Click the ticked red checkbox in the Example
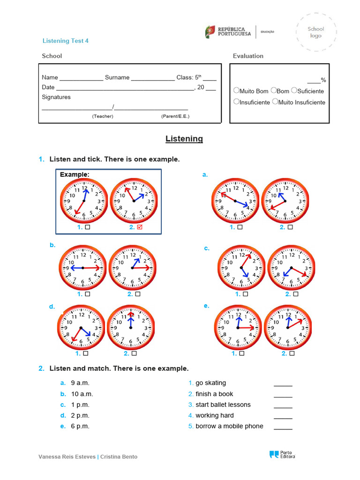pos(139,227)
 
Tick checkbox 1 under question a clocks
pos(240,227)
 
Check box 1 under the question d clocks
pos(86,354)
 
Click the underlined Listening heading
pos(184,139)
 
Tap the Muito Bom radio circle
pos(236,90)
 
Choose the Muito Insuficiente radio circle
pos(275,101)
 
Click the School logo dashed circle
pos(315,32)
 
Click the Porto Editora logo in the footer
pos(282,454)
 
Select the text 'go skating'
pos(210,383)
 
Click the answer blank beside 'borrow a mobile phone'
pos(283,427)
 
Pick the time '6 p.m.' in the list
pos(80,426)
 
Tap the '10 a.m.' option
pos(82,394)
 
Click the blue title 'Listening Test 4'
pos(66,41)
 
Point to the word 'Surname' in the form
pos(117,77)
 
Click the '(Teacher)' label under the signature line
pos(103,116)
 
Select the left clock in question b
pos(82,268)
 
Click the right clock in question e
pos(287,327)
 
